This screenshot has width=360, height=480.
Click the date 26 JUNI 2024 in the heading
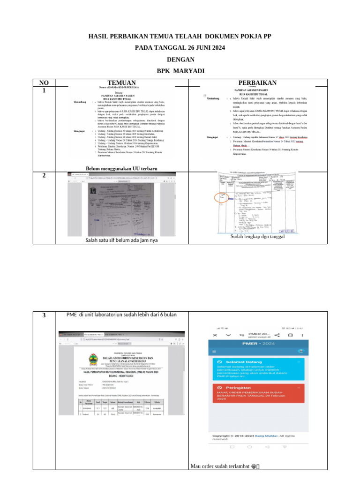[x=198, y=48]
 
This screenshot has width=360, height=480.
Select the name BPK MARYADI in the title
[x=180, y=71]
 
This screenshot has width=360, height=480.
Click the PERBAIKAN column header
[x=257, y=83]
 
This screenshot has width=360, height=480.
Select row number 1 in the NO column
[x=44, y=90]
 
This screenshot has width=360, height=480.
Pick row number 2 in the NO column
[x=44, y=175]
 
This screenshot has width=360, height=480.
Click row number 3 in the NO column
[x=44, y=315]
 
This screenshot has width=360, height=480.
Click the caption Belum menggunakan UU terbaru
[x=121, y=168]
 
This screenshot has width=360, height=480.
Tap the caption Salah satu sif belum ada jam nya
[x=121, y=240]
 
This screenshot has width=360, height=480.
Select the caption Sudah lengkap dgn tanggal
[x=257, y=237]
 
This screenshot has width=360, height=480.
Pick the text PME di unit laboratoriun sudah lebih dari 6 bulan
[x=121, y=315]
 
